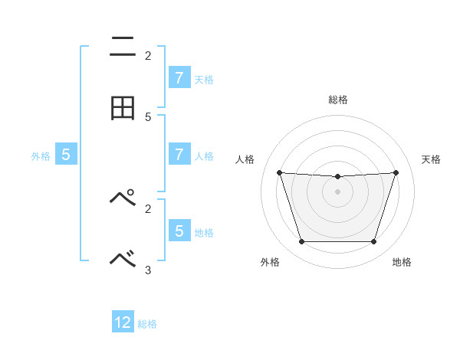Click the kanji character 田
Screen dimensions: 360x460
(x=123, y=108)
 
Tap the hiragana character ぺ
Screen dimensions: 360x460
(x=123, y=198)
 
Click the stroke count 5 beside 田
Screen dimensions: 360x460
(x=148, y=117)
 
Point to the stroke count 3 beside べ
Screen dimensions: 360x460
(x=148, y=270)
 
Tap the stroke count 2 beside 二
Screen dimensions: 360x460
(x=148, y=56)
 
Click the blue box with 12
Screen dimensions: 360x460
(x=123, y=322)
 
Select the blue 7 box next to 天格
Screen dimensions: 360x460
(x=179, y=77)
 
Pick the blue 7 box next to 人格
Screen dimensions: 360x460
(x=179, y=154)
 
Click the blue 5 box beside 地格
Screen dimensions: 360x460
(x=179, y=230)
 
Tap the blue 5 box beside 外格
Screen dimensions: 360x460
(x=66, y=154)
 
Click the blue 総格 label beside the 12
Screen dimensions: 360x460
(x=147, y=324)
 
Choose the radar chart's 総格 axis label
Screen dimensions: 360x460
(x=337, y=100)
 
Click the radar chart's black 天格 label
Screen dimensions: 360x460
(x=431, y=159)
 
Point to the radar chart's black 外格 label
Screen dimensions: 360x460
(x=270, y=263)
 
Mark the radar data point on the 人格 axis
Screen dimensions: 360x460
(x=279, y=172)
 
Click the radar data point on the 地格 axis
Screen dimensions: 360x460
(x=373, y=242)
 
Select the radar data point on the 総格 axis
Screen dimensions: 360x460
(x=337, y=177)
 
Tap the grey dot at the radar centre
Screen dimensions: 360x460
(x=337, y=191)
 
